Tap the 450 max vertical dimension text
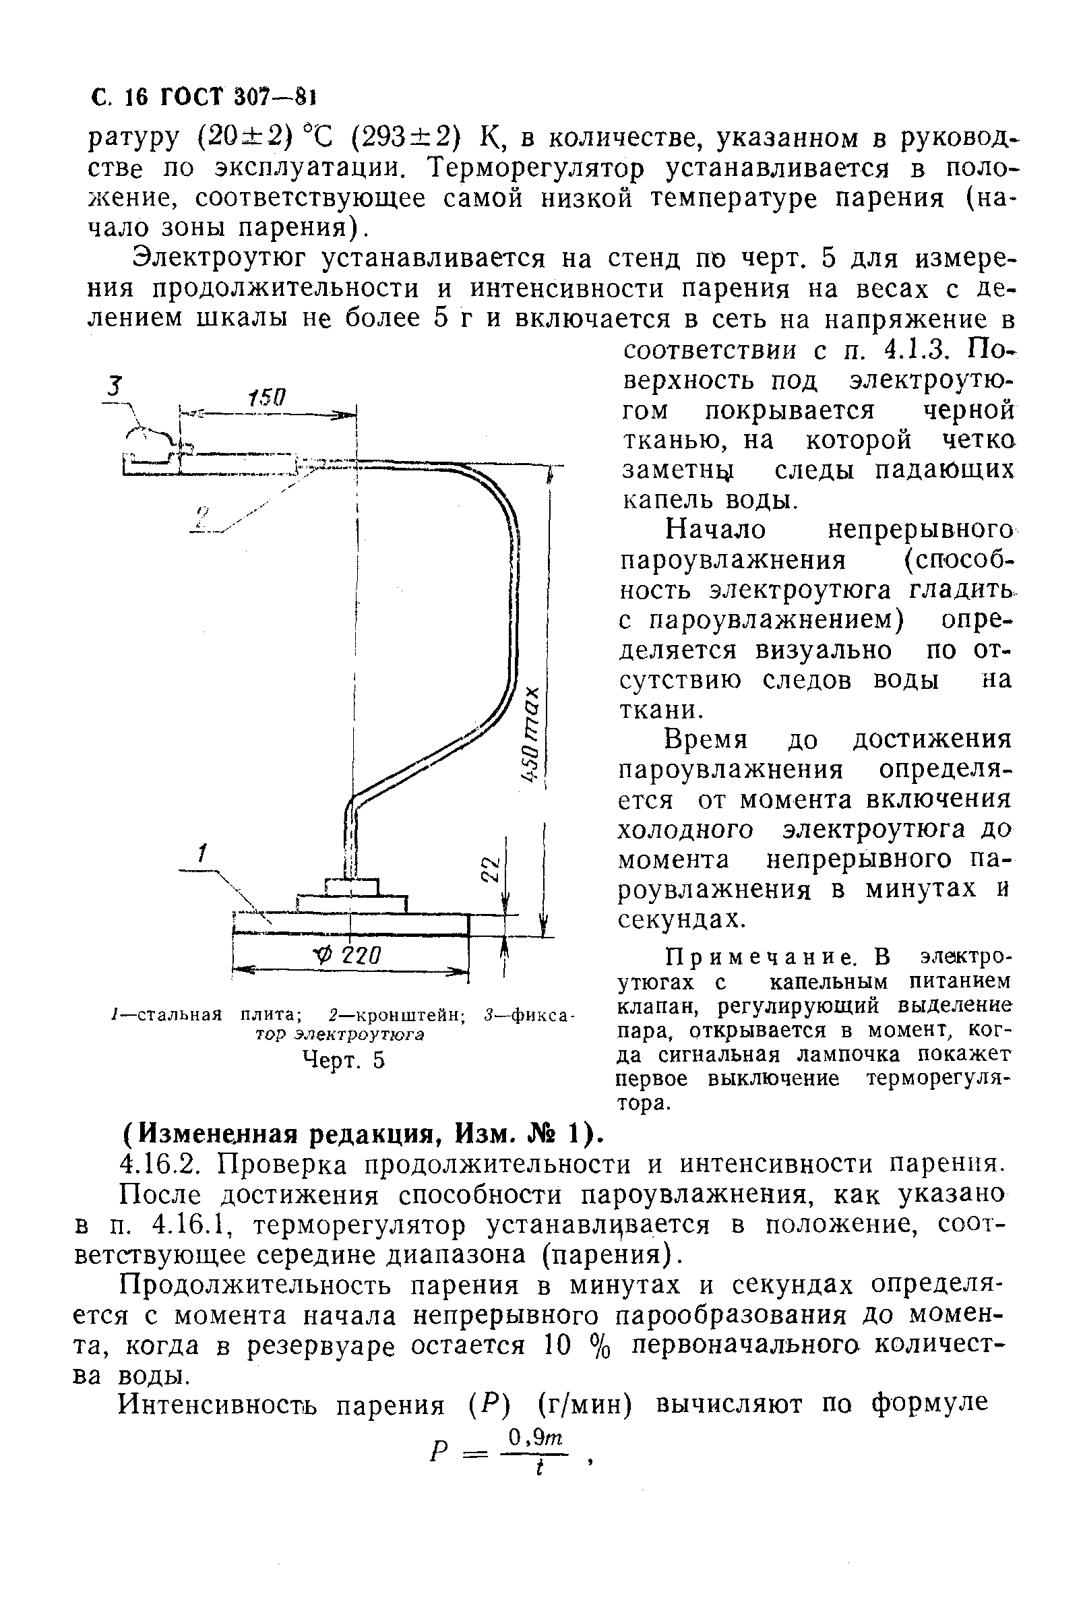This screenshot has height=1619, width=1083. click(532, 734)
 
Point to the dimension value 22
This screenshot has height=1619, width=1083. click(490, 868)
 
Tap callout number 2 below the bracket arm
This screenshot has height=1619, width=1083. click(202, 517)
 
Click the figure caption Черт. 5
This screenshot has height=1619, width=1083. click(343, 1060)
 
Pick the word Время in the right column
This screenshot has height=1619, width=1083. click(705, 740)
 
